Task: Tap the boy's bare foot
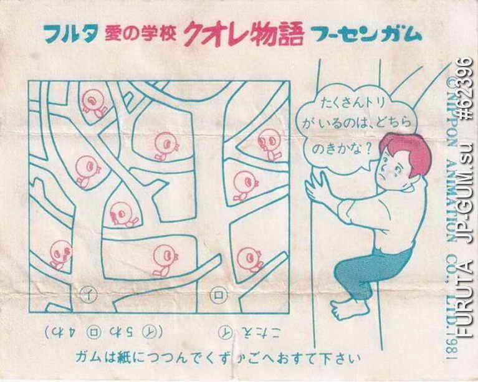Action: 342,307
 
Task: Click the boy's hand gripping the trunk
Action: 317,187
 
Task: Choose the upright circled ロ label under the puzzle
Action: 217,291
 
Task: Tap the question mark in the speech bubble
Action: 368,149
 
